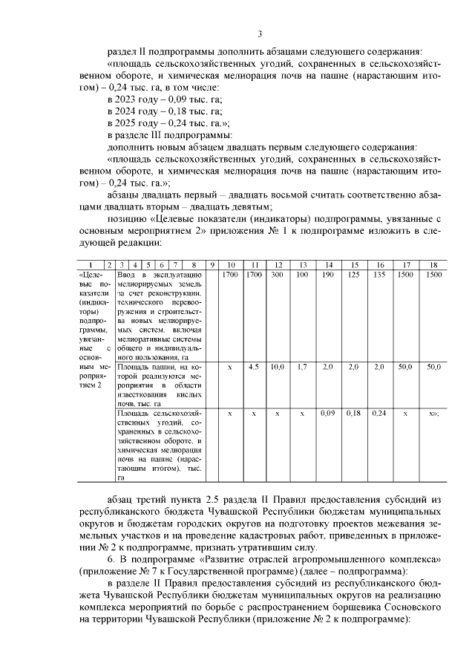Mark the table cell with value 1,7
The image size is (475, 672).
coord(302,367)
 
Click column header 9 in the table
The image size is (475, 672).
coord(212,265)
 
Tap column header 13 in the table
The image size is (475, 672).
coord(303,265)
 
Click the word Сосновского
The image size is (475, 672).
coord(413,606)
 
